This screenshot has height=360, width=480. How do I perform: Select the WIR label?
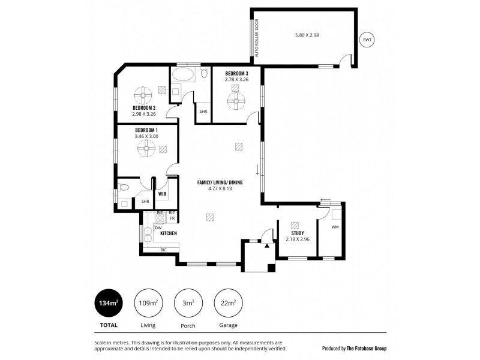click(162, 194)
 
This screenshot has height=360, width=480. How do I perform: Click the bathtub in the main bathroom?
click(182, 76)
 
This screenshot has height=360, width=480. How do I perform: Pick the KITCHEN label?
click(168, 233)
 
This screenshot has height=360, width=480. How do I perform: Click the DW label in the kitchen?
click(158, 227)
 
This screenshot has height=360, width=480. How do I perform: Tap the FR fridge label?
click(172, 218)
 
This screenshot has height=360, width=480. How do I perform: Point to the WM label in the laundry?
click(335, 227)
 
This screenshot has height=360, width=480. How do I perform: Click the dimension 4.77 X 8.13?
click(220, 188)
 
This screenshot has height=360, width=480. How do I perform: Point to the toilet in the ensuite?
click(124, 187)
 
